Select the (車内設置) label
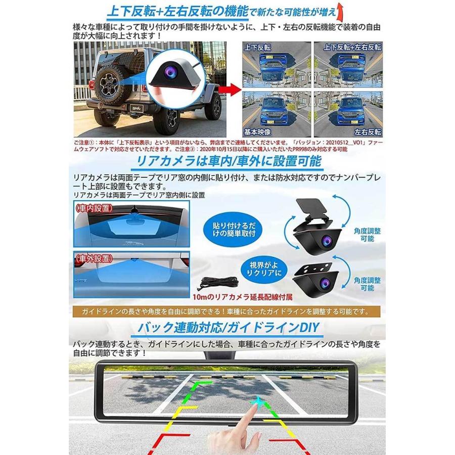point(94,208)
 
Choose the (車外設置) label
point(94,257)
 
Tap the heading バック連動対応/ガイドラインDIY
point(227,328)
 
